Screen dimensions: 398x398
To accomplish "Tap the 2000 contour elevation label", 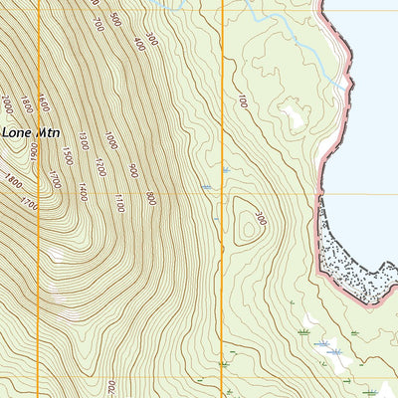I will tap(8, 103).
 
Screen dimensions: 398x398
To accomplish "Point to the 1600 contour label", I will tap(43, 104).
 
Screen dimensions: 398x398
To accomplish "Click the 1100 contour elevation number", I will tap(118, 205).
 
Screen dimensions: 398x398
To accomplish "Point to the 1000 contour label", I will tap(110, 140).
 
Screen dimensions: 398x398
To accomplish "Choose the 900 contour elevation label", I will tap(132, 171).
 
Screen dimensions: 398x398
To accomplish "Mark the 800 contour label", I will tap(150, 198).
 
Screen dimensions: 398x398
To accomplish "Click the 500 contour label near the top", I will tap(116, 19).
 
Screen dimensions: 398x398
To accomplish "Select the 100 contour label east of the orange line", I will tap(242, 101).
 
